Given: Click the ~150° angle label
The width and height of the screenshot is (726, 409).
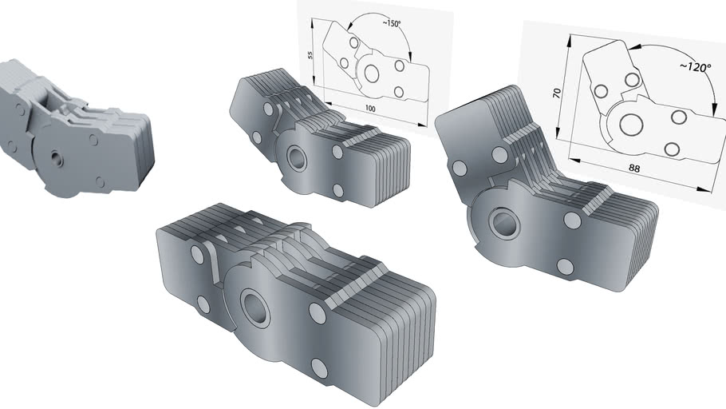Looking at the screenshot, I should tap(391, 24).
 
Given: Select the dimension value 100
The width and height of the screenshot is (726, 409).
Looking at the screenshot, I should tap(370, 107).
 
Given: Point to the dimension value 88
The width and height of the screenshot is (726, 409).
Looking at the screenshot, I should tap(635, 169).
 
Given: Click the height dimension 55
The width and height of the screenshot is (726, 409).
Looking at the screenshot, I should tap(310, 55).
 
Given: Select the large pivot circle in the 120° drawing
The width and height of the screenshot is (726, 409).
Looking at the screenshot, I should tap(632, 124).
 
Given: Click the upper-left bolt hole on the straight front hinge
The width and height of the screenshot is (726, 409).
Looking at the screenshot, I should tap(197, 255).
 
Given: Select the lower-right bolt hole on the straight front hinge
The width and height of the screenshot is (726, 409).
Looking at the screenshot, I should tap(319, 368).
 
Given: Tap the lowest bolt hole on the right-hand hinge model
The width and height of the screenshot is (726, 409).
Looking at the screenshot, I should tap(566, 266).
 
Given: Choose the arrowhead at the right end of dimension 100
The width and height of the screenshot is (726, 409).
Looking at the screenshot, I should tap(425, 125).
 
